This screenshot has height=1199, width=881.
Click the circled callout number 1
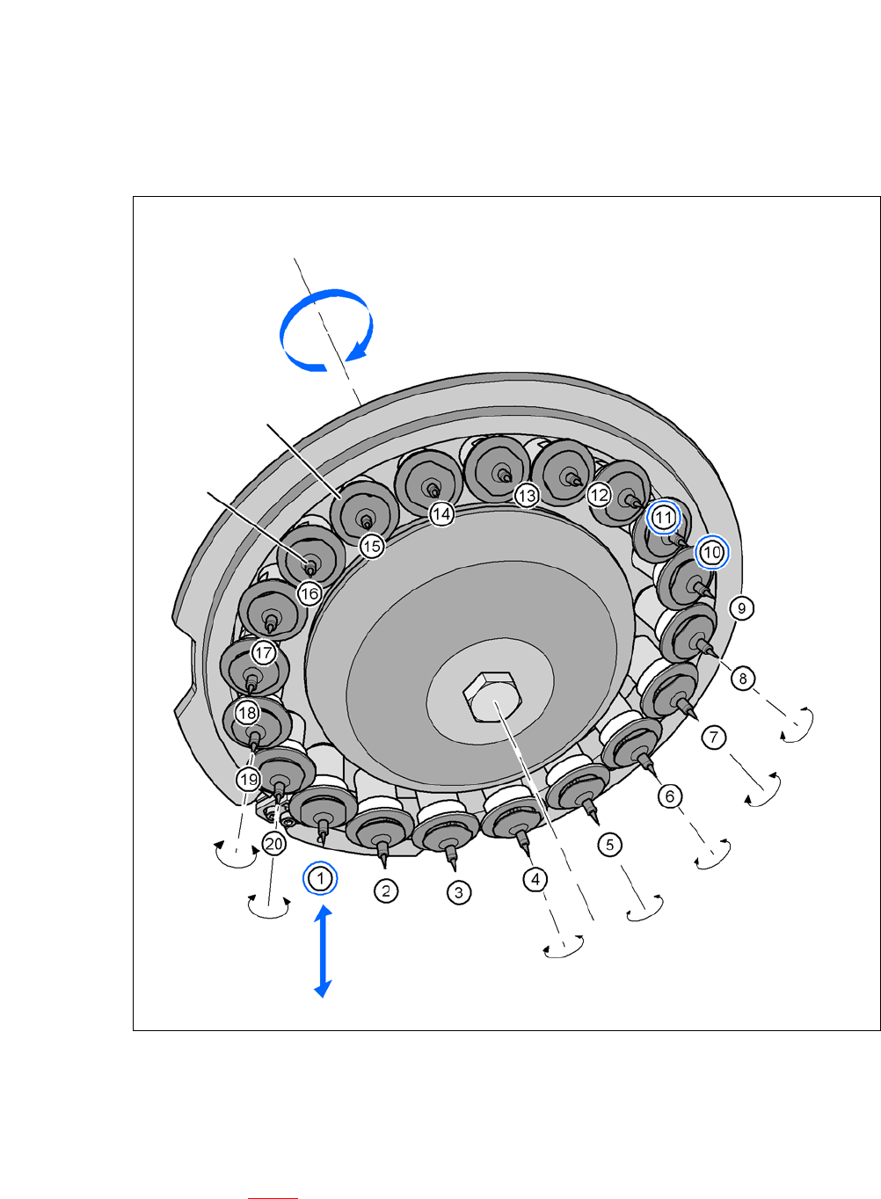pyautogui.click(x=320, y=878)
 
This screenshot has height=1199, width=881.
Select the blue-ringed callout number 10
pyautogui.click(x=712, y=552)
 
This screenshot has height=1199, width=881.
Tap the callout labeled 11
pyautogui.click(x=663, y=517)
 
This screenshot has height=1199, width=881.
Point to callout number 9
pyautogui.click(x=741, y=608)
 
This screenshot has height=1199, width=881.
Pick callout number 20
pyautogui.click(x=274, y=844)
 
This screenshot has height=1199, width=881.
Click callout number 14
pyautogui.click(x=441, y=514)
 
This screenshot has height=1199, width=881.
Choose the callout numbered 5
pyautogui.click(x=609, y=845)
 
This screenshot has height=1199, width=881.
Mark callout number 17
pyautogui.click(x=264, y=652)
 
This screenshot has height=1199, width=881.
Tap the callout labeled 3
pyautogui.click(x=459, y=892)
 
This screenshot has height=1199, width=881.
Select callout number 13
pyautogui.click(x=527, y=495)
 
